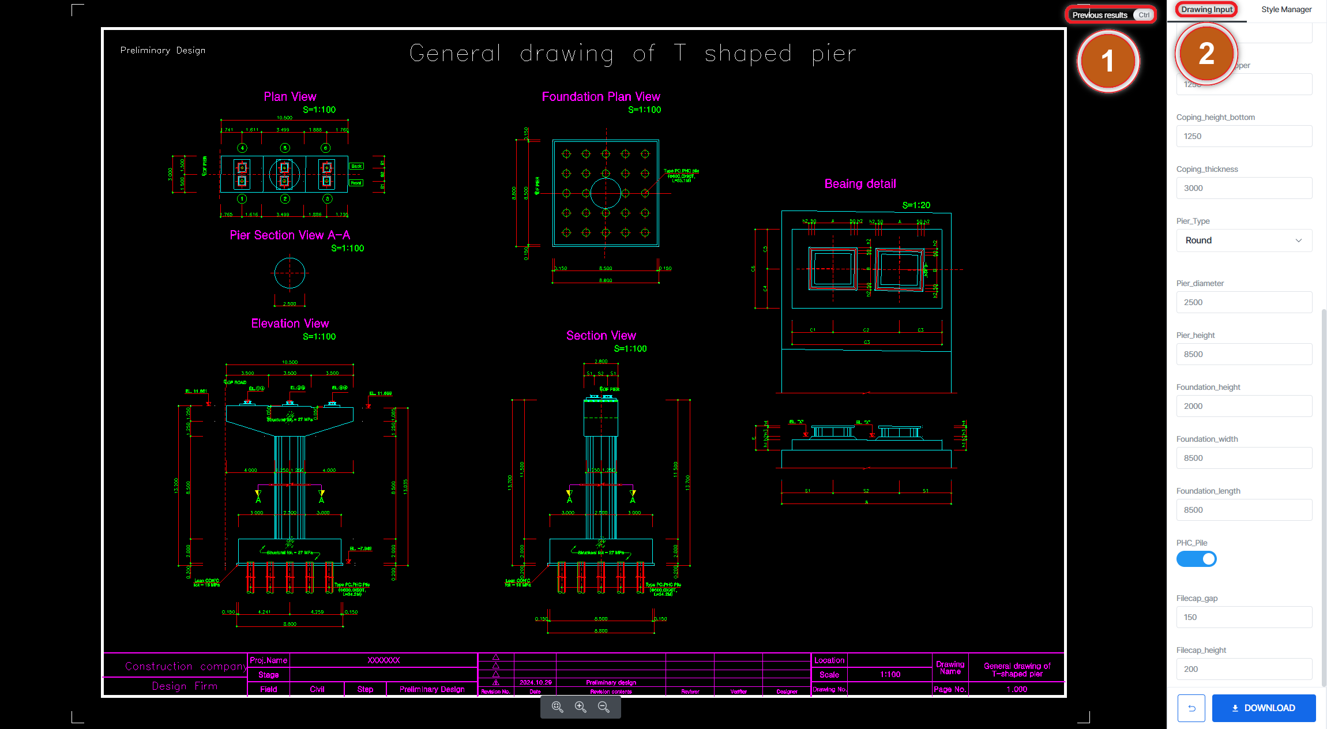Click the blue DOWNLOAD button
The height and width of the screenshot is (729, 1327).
click(x=1264, y=708)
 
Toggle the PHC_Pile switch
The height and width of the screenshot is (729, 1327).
click(x=1196, y=559)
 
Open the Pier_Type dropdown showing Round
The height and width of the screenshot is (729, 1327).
click(x=1243, y=241)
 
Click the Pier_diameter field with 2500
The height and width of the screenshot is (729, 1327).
click(x=1243, y=302)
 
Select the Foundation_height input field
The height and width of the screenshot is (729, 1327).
click(x=1243, y=406)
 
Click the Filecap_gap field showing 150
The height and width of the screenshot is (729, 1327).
click(x=1243, y=617)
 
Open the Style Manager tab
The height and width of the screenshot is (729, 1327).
click(x=1285, y=10)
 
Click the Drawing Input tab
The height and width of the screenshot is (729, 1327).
click(x=1206, y=10)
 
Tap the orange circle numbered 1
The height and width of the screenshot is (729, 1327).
click(x=1107, y=61)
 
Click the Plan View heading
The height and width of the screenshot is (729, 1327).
click(x=290, y=97)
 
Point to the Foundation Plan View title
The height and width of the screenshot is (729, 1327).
click(x=601, y=97)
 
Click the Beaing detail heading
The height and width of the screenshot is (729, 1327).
click(x=860, y=184)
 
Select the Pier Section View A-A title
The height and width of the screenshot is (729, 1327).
click(x=290, y=235)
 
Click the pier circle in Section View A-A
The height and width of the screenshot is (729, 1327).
click(x=290, y=273)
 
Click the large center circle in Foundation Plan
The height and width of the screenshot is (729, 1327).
click(x=606, y=193)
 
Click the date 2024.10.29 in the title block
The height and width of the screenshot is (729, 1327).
click(x=535, y=682)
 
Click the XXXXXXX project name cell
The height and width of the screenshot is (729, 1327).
click(x=384, y=660)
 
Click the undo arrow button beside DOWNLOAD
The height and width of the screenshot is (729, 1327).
click(x=1191, y=708)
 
